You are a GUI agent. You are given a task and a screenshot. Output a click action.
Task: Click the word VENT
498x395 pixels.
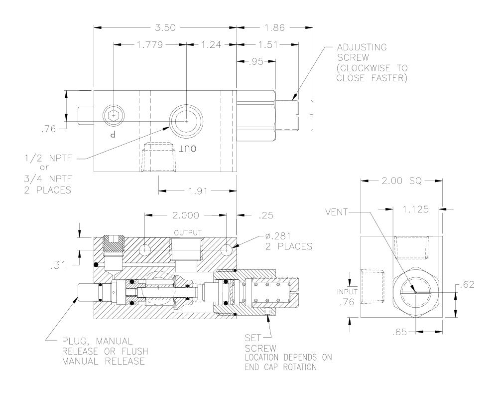(x=335, y=210)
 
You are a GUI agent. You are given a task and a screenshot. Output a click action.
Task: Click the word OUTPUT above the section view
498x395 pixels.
(x=187, y=233)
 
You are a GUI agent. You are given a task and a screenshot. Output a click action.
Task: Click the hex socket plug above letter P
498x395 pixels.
(x=114, y=116)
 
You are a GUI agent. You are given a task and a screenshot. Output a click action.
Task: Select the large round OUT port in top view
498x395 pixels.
(x=185, y=121)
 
